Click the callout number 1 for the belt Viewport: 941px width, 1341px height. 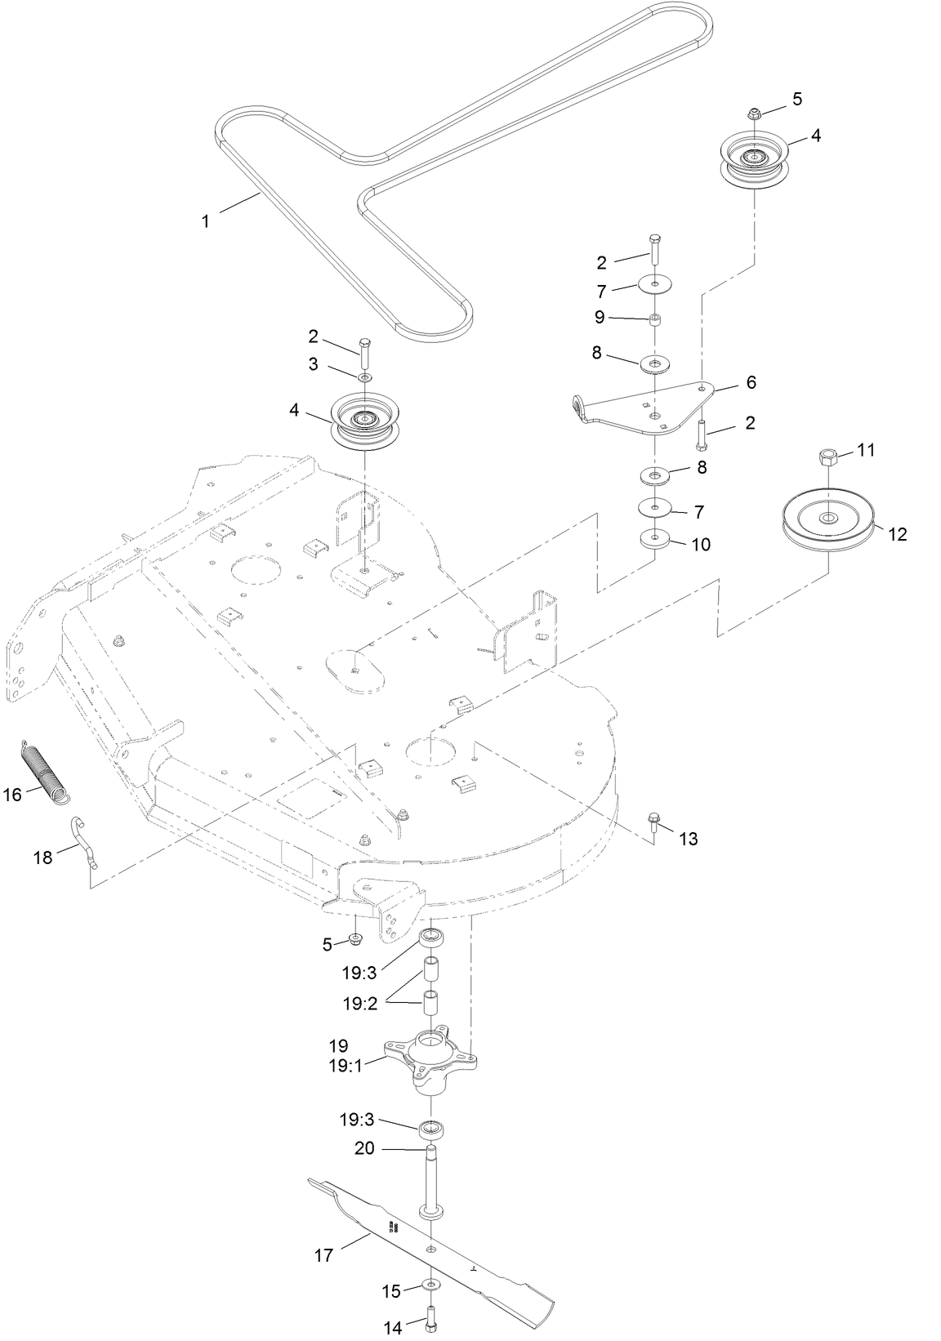pos(206,221)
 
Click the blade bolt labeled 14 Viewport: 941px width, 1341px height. pos(430,1317)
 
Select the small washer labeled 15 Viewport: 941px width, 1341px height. pos(429,1285)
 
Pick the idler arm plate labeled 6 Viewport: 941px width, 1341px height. pos(645,406)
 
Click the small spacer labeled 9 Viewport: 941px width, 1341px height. pos(654,319)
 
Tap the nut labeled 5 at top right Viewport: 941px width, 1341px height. pos(755,114)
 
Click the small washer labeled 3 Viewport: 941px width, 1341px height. pos(363,376)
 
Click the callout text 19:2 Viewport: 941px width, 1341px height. pos(359,1004)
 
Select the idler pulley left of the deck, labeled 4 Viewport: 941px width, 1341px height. pos(359,421)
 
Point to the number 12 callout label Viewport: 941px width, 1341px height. pos(897,535)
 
